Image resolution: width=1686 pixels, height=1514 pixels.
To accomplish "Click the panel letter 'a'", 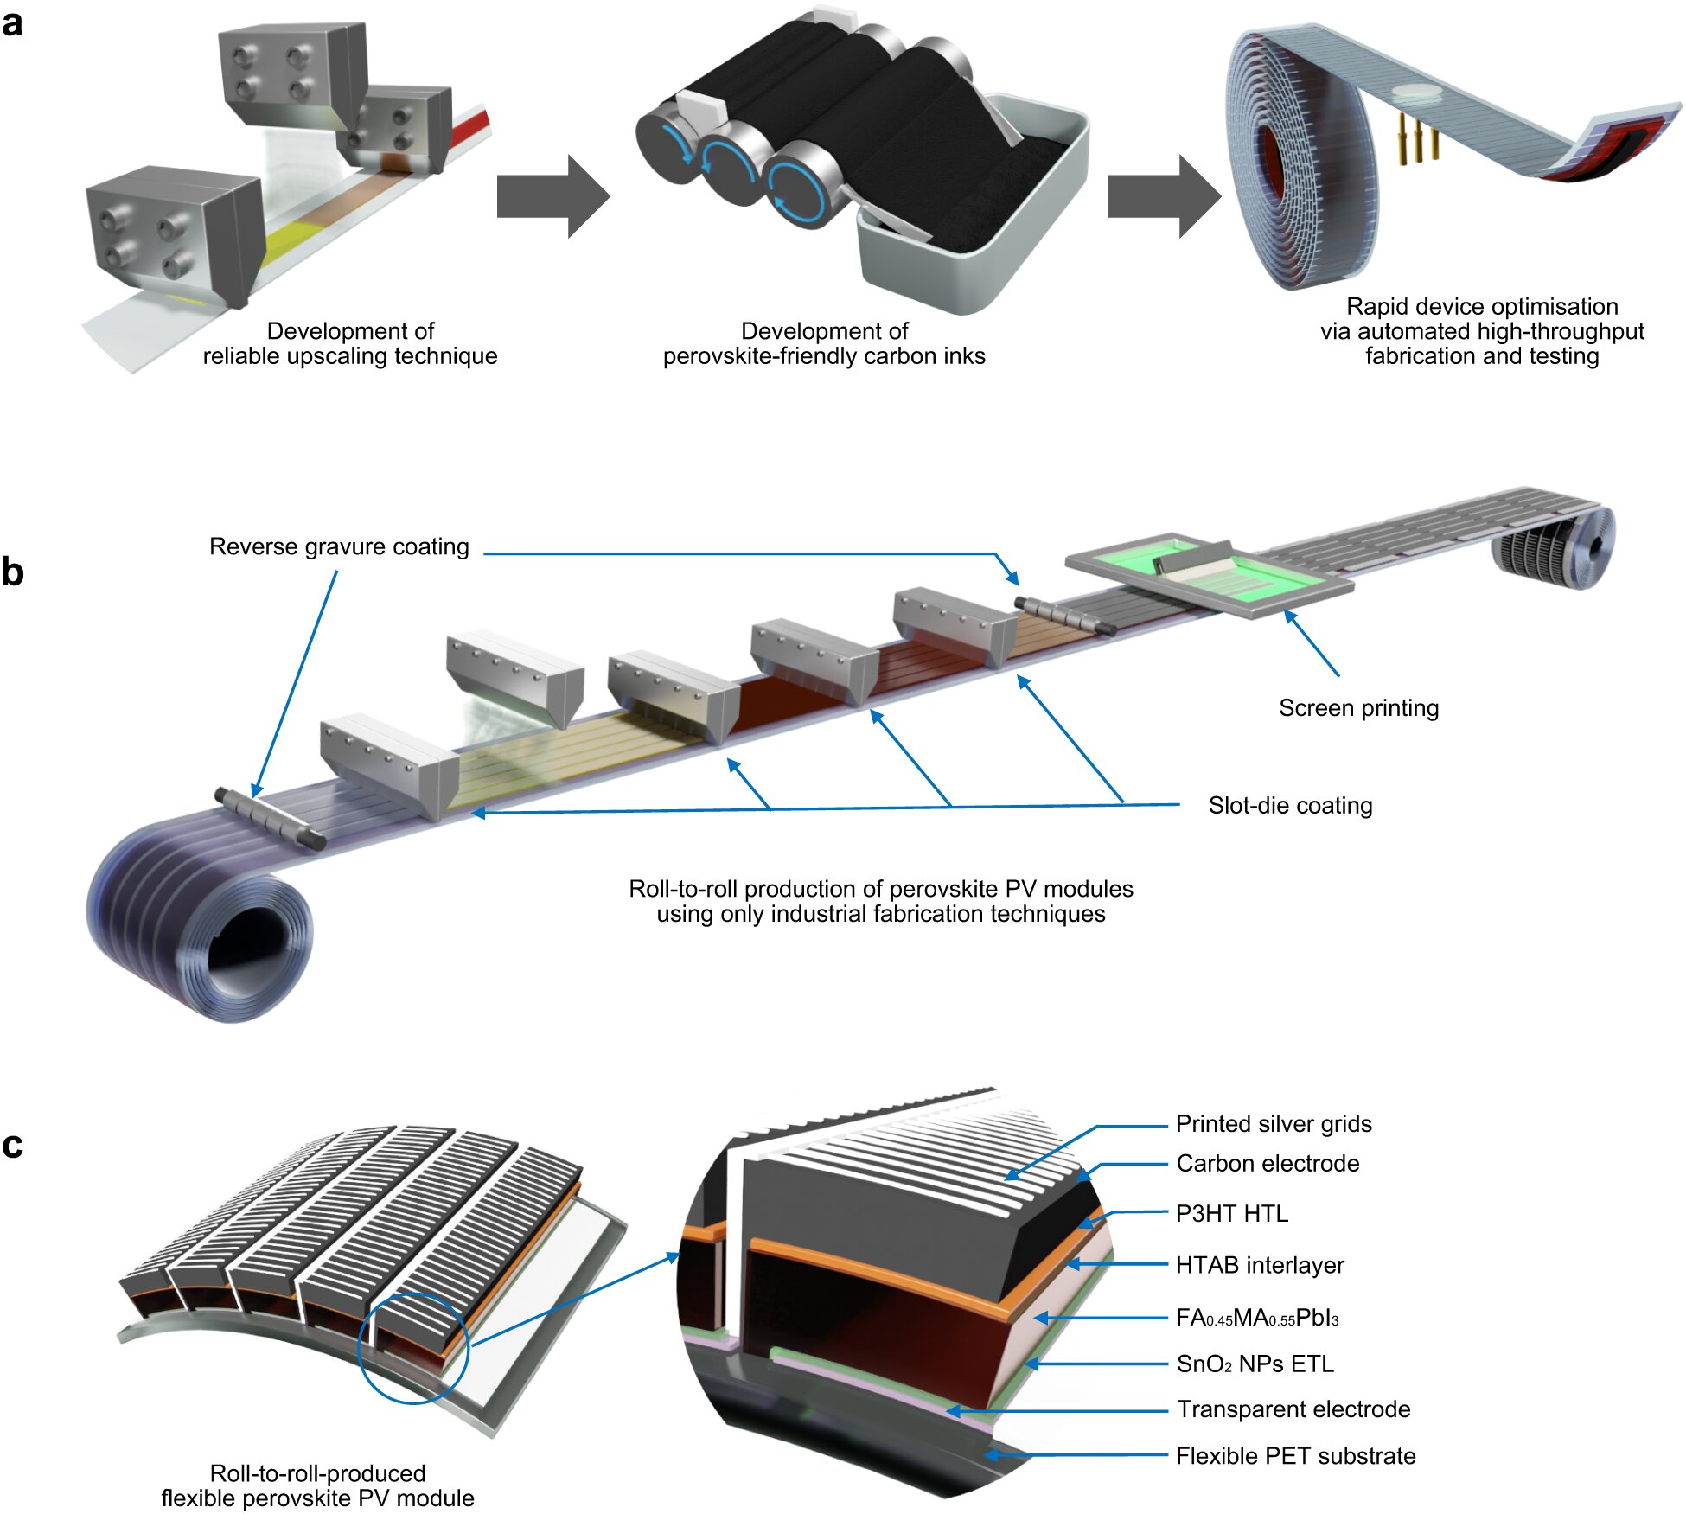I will click(12, 23).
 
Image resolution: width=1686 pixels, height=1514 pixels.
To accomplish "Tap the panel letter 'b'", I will click(12, 572).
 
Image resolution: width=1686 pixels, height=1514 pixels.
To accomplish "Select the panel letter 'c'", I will click(12, 1145).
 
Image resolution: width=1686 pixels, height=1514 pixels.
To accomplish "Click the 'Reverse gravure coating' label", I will click(339, 546).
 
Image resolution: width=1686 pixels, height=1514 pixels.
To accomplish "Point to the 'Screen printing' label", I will click(1358, 708).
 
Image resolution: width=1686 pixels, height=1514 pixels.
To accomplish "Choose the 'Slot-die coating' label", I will click(1290, 806).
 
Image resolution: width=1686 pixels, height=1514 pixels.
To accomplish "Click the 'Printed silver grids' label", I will click(1274, 1124).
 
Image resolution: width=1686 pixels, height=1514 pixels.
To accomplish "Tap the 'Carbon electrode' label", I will click(1268, 1164).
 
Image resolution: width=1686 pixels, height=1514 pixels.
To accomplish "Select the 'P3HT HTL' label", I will click(1232, 1214).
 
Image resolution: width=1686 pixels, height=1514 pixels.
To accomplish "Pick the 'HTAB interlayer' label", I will click(1260, 1266).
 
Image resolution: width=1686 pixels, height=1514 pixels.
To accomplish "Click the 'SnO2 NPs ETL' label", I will click(1255, 1364).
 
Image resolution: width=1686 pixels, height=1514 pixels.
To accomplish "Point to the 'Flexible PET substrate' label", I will click(1295, 1456).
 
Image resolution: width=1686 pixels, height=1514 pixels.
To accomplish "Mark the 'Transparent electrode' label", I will click(1293, 1409).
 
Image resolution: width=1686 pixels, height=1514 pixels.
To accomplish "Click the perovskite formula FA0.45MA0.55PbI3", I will click(1257, 1318).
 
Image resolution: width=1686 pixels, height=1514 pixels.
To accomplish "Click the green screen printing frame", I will click(1210, 572).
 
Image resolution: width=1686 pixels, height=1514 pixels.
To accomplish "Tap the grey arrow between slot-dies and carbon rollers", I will click(553, 196).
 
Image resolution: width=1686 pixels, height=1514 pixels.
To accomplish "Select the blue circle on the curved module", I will click(412, 1348).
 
